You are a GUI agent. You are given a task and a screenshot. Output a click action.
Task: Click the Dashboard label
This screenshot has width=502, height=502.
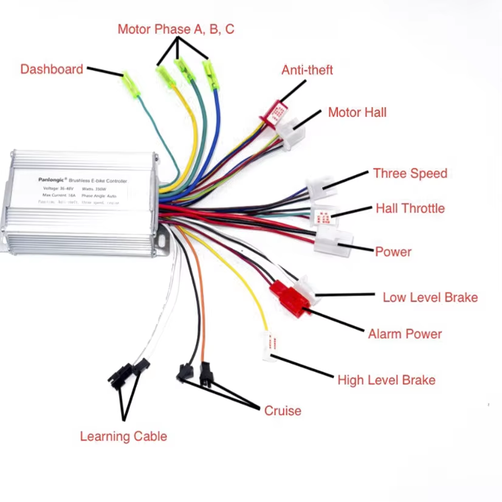52,69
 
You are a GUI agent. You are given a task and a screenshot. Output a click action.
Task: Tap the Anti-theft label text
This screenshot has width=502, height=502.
307,70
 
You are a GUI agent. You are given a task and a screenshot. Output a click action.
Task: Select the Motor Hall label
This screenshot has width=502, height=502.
357,112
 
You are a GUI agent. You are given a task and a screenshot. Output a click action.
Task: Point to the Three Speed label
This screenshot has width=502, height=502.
410,174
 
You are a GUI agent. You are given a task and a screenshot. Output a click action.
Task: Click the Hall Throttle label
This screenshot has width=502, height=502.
410,209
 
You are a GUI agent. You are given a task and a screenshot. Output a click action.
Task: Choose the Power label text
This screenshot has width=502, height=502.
393,252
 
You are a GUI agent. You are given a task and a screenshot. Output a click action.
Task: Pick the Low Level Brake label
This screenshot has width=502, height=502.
430,298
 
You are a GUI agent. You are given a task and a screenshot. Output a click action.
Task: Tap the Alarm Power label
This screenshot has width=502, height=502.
405,334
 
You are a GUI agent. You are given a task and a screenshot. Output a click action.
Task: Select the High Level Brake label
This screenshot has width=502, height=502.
386,380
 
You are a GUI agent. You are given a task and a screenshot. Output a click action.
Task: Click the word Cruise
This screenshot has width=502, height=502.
282,411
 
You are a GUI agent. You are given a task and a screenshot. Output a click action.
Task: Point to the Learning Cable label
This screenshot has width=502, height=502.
123,436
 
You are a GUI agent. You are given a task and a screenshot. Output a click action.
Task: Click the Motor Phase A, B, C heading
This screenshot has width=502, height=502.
176,29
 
